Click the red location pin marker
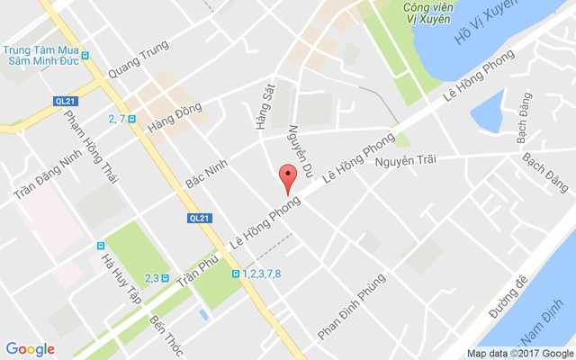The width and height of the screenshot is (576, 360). click(287, 178)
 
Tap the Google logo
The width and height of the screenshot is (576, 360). click(31, 349)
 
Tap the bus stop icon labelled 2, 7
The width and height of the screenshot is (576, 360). click(132, 118)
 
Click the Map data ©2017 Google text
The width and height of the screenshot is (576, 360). click(519, 353)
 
